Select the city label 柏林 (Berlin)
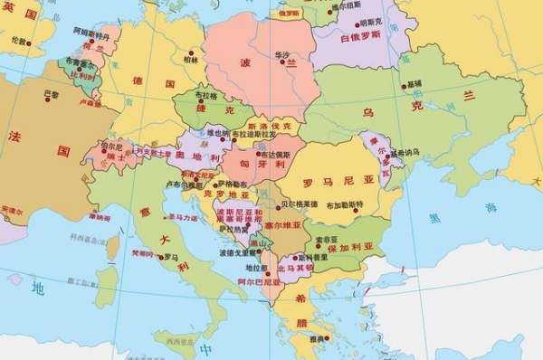(190, 60)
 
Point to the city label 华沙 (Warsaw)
(281, 56)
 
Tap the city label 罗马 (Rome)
(171, 256)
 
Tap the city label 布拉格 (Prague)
(205, 95)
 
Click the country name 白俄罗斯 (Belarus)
(359, 38)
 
